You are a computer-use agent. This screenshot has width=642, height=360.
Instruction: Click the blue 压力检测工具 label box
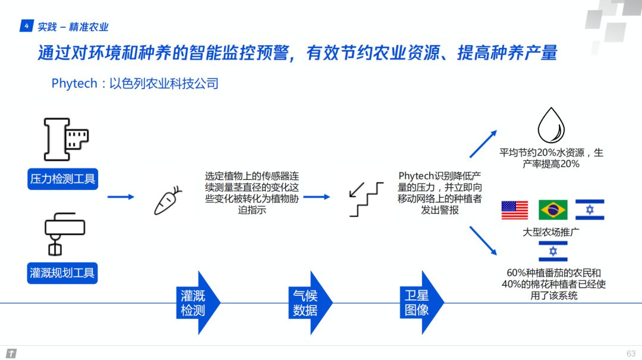pyautogui.click(x=62, y=179)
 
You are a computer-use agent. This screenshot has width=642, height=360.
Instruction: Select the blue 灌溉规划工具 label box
pyautogui.click(x=62, y=273)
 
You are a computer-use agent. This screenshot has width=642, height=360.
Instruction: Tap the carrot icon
pyautogui.click(x=168, y=201)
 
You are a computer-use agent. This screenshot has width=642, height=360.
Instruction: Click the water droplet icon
pyautogui.click(x=551, y=125)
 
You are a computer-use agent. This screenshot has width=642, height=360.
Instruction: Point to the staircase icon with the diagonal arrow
pyautogui.click(x=366, y=199)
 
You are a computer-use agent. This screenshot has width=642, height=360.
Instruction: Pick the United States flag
pyautogui.click(x=515, y=210)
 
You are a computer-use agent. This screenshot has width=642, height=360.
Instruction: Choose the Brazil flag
pyautogui.click(x=553, y=210)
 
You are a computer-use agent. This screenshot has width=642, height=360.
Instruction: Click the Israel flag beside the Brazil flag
pyautogui.click(x=590, y=210)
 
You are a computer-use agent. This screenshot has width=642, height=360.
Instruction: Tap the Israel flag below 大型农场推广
pyautogui.click(x=553, y=251)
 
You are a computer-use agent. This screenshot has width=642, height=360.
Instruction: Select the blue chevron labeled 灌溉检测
pyautogui.click(x=198, y=303)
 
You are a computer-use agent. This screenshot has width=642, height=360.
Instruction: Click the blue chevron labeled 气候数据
pyautogui.click(x=310, y=303)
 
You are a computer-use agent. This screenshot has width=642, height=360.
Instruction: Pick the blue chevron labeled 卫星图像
pyautogui.click(x=421, y=303)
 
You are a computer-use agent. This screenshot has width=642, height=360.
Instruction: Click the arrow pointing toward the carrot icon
pyautogui.click(x=121, y=197)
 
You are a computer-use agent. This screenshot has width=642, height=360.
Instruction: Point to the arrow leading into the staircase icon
pyautogui.click(x=316, y=197)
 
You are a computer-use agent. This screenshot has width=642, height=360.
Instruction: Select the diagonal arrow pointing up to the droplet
pyautogui.click(x=483, y=144)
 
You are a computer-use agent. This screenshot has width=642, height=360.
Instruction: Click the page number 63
pyautogui.click(x=631, y=353)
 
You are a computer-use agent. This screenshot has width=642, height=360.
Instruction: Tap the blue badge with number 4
pyautogui.click(x=26, y=26)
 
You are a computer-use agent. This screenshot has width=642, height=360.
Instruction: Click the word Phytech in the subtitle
pyautogui.click(x=74, y=83)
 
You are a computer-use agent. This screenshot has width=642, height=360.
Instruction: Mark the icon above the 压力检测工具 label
pyautogui.click(x=66, y=139)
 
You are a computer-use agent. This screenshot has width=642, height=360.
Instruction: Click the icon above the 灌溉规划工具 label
pyautogui.click(x=64, y=234)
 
